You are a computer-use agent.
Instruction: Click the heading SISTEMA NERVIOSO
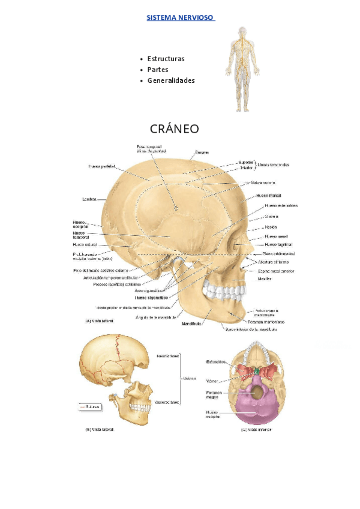181,17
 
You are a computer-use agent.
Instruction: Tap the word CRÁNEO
175,129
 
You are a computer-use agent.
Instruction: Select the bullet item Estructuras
166,59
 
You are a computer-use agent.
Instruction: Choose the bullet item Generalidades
171,80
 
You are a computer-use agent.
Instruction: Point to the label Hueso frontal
269,196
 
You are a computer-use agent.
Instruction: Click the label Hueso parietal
101,166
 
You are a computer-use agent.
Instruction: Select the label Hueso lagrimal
277,245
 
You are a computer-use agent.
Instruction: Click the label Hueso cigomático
150,297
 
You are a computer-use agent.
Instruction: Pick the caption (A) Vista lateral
99,321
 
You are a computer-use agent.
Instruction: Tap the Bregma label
203,152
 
